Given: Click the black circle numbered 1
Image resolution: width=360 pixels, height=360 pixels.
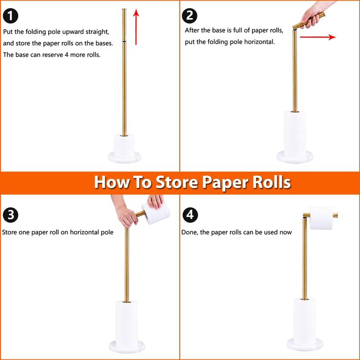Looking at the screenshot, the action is [x=10, y=15].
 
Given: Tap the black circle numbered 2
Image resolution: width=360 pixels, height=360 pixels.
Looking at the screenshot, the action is [x=189, y=15].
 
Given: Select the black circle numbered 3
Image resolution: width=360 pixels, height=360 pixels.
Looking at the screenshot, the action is [x=10, y=215].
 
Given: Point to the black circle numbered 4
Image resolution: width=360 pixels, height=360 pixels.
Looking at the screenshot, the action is [x=190, y=215].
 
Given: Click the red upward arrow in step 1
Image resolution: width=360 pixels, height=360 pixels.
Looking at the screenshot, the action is [x=136, y=27].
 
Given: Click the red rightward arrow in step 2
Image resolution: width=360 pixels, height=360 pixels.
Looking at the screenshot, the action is [x=318, y=37].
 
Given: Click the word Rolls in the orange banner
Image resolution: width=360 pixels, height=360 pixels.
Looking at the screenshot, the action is [x=272, y=182].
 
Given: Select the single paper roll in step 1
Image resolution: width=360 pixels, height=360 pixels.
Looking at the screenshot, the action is [x=124, y=146].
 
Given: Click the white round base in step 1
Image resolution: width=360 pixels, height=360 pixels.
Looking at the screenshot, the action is [x=124, y=157].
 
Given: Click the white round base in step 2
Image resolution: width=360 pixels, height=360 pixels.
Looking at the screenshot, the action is [x=295, y=157].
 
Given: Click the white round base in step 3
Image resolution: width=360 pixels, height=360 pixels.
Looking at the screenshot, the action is [x=127, y=347].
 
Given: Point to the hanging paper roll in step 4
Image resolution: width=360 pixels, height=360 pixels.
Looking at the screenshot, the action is [x=321, y=218].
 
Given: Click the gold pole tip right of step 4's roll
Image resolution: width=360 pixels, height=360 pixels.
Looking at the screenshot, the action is [x=335, y=215].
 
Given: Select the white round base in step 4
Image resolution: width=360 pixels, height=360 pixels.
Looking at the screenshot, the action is [x=304, y=345].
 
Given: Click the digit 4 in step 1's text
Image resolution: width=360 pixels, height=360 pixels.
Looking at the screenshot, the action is [x=66, y=55].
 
